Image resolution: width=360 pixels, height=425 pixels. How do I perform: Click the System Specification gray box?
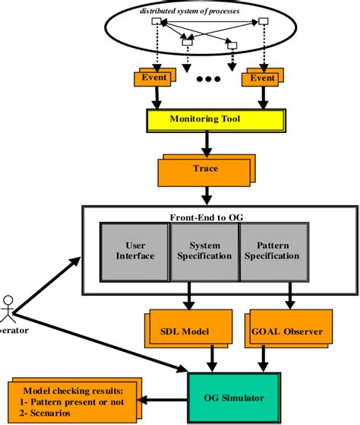coord(204,251)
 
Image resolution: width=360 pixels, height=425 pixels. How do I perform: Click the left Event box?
coord(154,78)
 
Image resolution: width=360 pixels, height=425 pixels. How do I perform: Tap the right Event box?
coord(261,78)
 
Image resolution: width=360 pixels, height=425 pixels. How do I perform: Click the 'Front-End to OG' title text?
coord(202,215)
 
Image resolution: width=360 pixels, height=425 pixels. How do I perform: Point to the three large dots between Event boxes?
coord(208,79)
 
